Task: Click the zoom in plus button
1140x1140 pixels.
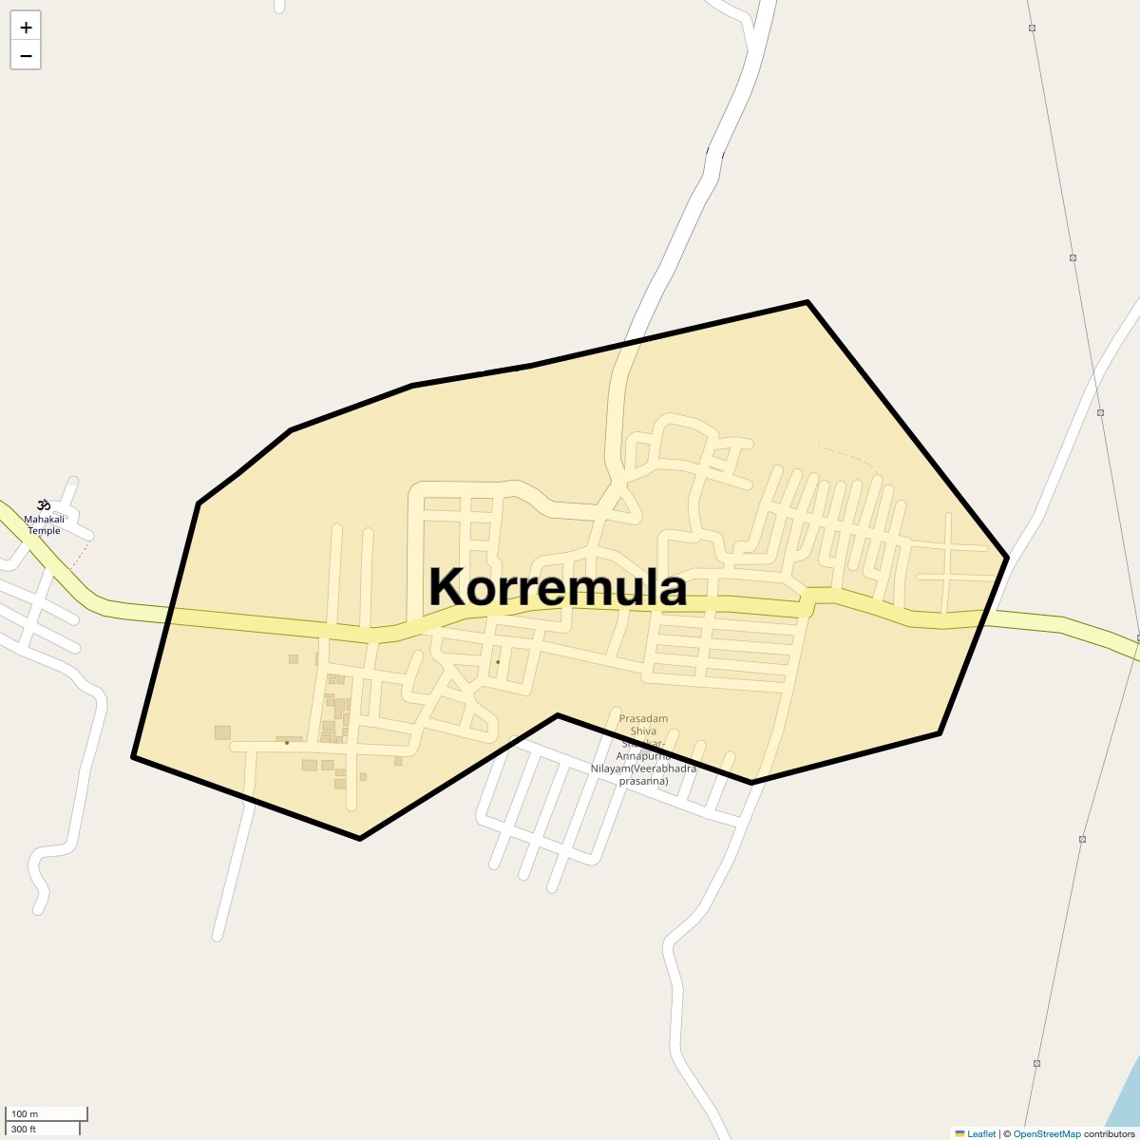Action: [26, 27]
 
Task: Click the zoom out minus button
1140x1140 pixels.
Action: [26, 56]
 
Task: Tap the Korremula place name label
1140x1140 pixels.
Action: [558, 587]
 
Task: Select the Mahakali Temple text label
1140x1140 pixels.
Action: [44, 524]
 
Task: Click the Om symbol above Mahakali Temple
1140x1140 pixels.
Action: [43, 504]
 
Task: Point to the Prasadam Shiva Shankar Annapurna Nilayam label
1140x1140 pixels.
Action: [643, 750]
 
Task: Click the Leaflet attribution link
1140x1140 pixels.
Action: [981, 1133]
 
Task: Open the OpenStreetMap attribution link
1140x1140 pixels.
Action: [1046, 1133]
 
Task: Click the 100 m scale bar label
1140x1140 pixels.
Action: [25, 1113]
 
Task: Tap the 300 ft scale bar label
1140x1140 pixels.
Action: [24, 1129]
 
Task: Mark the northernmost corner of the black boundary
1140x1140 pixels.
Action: [807, 302]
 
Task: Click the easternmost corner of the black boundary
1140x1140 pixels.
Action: [1007, 558]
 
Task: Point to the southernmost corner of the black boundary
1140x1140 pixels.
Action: [359, 838]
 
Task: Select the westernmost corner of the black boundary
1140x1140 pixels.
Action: [134, 757]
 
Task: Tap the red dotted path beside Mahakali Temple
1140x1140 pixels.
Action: [84, 551]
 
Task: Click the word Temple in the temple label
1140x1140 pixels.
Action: [44, 531]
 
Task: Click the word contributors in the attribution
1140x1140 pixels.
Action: [1109, 1133]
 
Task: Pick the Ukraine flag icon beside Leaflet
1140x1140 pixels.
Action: [959, 1133]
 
